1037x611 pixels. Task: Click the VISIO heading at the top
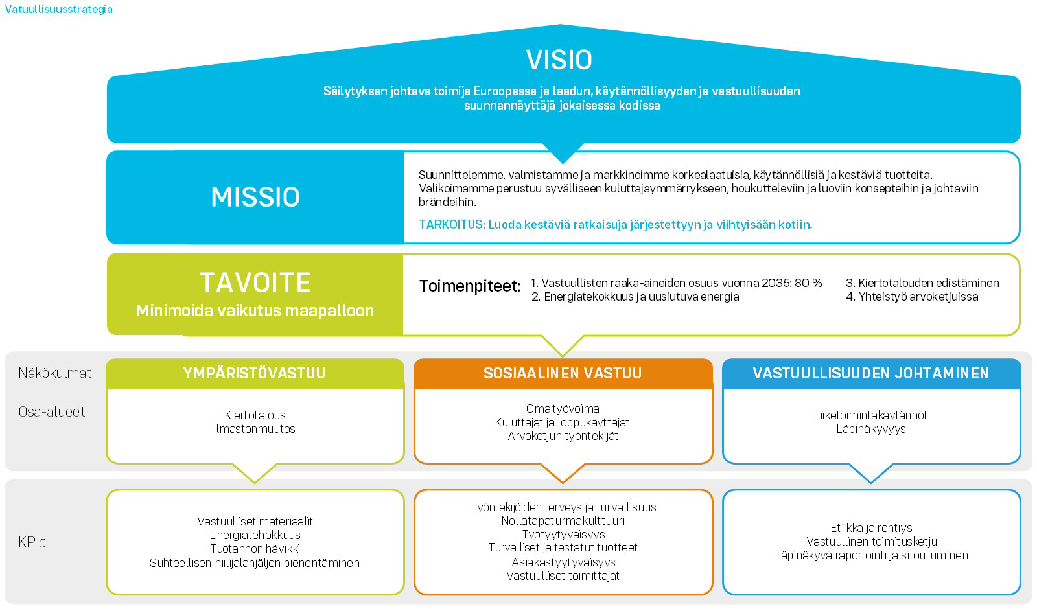pos(559,60)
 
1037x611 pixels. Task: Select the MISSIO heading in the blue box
pos(255,197)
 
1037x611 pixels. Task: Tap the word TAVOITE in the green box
pos(255,282)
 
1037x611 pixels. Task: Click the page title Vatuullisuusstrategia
pos(58,9)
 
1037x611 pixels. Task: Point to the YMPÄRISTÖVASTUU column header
pos(254,373)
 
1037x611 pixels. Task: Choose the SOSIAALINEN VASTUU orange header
pos(563,373)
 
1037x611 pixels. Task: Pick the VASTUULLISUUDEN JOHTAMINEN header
pos(870,373)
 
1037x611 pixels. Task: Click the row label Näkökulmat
pos(55,373)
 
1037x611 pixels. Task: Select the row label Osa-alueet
pos(52,411)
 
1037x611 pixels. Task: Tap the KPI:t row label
pos(32,542)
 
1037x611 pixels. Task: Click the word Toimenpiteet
pos(470,286)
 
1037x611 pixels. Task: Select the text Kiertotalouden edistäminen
pos(928,283)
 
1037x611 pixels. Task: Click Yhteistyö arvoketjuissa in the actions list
pos(918,297)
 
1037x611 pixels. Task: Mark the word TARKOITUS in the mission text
pos(452,225)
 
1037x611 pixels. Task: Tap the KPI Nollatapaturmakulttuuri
pos(563,521)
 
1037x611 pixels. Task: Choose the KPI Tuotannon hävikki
pos(255,549)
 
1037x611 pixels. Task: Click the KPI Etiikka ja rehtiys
pos(871,528)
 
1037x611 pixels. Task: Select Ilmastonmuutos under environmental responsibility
pos(254,429)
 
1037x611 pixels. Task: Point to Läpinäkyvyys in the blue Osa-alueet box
pos(870,429)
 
